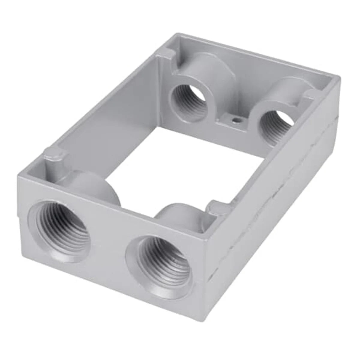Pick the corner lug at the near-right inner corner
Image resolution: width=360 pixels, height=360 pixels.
pyautogui.click(x=218, y=207)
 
